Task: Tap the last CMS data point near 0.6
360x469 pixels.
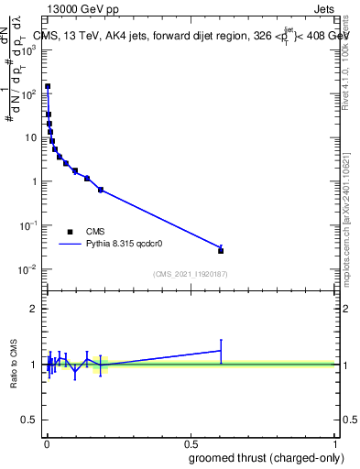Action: coord(221,250)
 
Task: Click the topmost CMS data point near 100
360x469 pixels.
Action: coord(48,86)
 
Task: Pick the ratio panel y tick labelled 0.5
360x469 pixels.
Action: coord(30,420)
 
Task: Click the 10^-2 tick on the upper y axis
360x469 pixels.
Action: coord(27,268)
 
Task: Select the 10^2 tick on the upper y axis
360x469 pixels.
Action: coord(29,93)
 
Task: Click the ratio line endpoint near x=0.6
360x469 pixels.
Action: coord(221,350)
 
